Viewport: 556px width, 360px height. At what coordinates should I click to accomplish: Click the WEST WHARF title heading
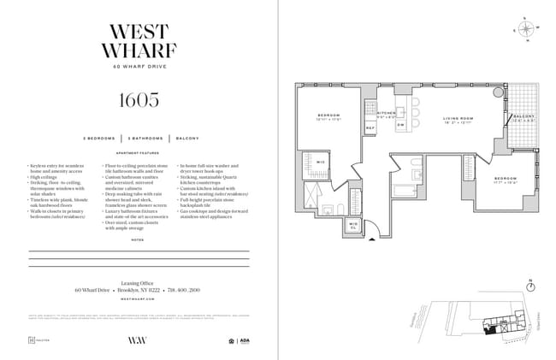[139, 39]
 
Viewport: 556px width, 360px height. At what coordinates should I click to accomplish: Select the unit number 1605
[139, 99]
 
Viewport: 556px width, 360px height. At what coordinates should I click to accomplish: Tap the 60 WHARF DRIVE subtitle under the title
[139, 67]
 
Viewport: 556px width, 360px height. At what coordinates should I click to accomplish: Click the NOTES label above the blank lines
[139, 240]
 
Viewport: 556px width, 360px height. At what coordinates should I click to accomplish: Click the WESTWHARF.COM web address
[139, 299]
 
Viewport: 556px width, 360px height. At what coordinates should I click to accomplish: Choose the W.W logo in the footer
[139, 340]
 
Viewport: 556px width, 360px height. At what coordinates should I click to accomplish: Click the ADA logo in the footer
[244, 340]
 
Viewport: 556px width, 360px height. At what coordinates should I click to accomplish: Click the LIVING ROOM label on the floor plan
[458, 119]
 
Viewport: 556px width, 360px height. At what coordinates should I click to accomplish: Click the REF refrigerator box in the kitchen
[370, 128]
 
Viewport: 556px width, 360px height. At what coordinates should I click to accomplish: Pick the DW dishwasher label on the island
[399, 125]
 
